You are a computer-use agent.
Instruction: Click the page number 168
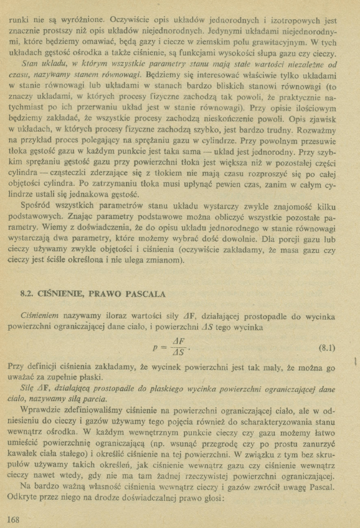[x=12, y=519]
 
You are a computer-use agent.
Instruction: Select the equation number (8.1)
[x=327, y=347]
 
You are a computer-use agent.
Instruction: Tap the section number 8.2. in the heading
[x=27, y=294]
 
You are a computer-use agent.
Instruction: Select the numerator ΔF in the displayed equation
[x=179, y=341]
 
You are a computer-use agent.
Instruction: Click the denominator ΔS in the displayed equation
[x=179, y=354]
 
